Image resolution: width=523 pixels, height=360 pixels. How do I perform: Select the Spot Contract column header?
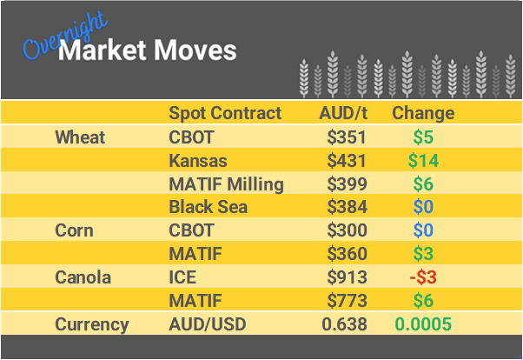[x=225, y=113]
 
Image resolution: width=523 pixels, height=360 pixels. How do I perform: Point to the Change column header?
[x=423, y=113]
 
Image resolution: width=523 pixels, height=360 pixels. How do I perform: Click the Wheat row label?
[x=80, y=137]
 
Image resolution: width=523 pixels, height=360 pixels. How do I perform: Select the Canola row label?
[x=83, y=277]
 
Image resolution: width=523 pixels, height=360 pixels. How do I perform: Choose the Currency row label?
[x=92, y=324]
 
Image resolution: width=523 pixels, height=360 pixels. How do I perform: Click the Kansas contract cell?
[x=197, y=161]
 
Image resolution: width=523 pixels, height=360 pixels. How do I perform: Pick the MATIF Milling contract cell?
[x=226, y=184]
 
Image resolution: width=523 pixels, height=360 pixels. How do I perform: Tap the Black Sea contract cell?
[x=208, y=207]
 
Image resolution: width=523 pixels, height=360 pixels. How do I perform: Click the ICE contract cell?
[x=182, y=277]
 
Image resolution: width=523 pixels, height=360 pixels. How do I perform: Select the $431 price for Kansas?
[x=347, y=161]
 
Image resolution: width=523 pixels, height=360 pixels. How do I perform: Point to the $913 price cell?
[x=347, y=277]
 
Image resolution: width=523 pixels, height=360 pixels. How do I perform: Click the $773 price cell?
[x=347, y=301]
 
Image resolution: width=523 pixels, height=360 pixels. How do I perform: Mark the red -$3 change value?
[x=423, y=277]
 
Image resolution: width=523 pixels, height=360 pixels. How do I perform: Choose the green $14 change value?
[x=423, y=161]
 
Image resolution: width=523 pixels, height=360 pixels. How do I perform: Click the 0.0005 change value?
[x=423, y=324]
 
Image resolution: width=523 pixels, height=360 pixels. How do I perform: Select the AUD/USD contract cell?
[x=208, y=324]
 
